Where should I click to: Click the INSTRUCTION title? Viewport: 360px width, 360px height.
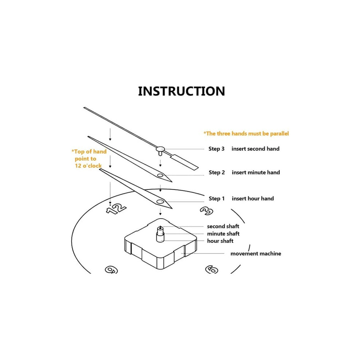181,91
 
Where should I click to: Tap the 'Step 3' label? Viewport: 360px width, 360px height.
216,149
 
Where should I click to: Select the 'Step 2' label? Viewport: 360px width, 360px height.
216,172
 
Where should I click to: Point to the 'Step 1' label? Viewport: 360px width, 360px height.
216,199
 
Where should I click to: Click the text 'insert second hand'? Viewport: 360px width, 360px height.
256,149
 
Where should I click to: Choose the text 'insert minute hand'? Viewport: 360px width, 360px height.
256,172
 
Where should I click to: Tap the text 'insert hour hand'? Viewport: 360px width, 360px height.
253,199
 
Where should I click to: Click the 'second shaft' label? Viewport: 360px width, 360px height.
223,227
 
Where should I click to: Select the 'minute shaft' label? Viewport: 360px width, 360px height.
223,234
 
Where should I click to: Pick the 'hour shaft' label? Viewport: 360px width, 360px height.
220,241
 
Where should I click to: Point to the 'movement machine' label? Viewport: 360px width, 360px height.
256,254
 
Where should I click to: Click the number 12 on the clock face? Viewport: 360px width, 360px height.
116,209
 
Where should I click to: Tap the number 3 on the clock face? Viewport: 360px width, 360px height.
207,211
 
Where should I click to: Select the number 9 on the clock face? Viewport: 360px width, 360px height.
111,270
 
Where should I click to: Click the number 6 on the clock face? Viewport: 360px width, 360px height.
211,269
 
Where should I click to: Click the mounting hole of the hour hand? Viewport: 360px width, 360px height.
160,202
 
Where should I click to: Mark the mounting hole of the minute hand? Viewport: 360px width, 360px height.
160,176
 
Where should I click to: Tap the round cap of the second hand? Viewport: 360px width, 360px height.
160,149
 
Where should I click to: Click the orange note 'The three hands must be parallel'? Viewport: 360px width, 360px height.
246,133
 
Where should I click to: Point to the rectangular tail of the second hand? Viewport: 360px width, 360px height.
185,162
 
